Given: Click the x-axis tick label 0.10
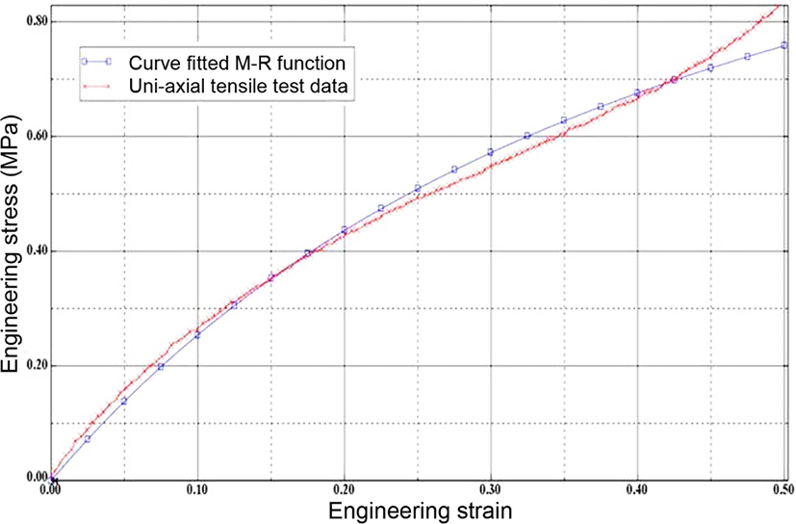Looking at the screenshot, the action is pos(197,490).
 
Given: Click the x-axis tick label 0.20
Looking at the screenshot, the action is pos(344,490).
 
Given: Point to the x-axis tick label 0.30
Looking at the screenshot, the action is pos(490,490).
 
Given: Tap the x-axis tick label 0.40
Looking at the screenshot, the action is pos(637,490).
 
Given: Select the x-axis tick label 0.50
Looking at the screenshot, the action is pos(783,490).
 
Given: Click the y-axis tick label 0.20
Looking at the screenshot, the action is pos(38,366).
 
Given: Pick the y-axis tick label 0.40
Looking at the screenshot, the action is pos(38,251).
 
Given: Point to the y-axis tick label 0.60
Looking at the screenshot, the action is pos(38,136).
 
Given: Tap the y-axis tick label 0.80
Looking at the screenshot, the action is pos(38,21).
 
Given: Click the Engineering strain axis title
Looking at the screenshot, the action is pos(421,511).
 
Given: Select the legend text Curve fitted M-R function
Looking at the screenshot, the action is pos(237,63).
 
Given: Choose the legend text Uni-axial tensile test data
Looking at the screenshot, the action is pos(238,86).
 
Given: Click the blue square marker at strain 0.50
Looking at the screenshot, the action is pos(783,45).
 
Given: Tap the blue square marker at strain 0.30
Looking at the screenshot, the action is pos(490,152).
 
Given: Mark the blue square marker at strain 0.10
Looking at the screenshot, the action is pos(197,335).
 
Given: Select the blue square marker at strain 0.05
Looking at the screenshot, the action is pos(124,401).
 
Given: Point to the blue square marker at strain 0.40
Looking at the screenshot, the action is pos(637,92).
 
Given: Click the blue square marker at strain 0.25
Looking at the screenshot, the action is pos(418,188).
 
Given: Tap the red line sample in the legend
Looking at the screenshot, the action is pos(96,87).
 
